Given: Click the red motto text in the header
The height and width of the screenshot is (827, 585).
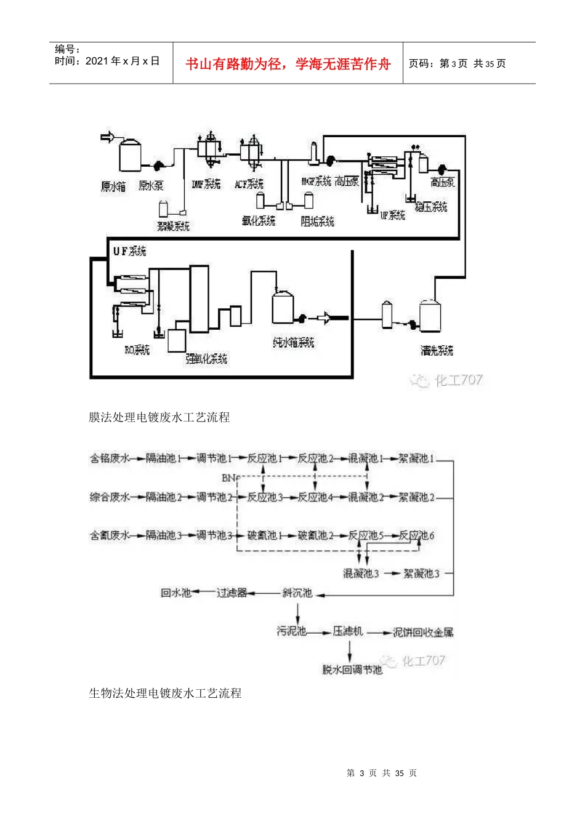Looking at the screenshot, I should click(288, 64).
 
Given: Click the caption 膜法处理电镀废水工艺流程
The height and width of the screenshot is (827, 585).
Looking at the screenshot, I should click(159, 417).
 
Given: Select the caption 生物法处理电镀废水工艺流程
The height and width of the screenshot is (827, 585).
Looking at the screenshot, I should click(165, 693).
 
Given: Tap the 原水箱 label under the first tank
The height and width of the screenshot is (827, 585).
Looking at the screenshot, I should click(113, 186).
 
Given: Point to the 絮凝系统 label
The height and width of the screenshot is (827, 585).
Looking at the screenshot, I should click(173, 226).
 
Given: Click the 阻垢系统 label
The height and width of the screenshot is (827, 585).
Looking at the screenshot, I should click(317, 221).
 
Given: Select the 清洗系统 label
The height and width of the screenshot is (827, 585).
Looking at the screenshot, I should click(437, 350).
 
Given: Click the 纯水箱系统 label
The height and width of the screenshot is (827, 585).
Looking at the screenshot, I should click(293, 342).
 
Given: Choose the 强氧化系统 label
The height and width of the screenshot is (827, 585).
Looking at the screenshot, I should click(206, 358).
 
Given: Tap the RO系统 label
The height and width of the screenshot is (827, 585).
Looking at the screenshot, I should click(137, 350).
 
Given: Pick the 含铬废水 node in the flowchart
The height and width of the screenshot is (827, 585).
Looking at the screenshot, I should click(110, 458).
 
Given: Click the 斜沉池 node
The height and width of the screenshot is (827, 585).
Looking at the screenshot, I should click(297, 593).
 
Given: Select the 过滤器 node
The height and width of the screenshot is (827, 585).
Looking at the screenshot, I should click(232, 593).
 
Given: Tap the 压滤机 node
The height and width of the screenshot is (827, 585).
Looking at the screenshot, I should click(348, 631).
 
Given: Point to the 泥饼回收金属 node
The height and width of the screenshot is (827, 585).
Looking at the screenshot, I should click(423, 632).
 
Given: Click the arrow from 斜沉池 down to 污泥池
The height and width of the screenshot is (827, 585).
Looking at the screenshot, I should click(298, 613).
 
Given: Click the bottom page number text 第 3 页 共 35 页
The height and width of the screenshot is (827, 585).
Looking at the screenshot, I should click(382, 773).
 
